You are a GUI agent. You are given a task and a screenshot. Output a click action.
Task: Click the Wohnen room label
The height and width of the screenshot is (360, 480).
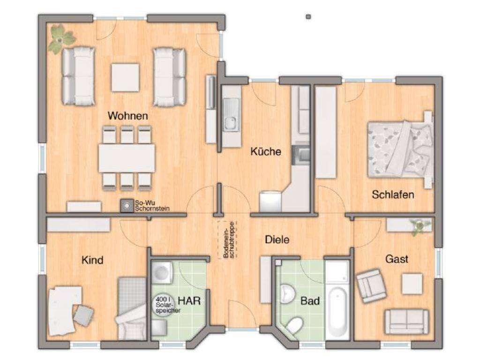tap(127, 116)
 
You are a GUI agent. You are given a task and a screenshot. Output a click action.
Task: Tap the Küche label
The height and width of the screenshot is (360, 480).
tap(266, 151)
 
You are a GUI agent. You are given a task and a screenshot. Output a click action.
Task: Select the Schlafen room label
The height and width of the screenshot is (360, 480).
tap(393, 195)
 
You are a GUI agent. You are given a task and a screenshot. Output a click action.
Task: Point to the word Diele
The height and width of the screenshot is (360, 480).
tap(277, 240)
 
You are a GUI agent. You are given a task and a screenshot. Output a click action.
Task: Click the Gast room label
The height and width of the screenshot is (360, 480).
tap(397, 259)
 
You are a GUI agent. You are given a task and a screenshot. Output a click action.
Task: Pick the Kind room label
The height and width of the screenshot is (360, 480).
tap(92, 260)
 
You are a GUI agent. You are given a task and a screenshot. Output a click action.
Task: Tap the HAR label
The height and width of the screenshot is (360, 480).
tap(189, 301)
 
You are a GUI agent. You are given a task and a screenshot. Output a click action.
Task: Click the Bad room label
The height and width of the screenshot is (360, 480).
tap(310, 301)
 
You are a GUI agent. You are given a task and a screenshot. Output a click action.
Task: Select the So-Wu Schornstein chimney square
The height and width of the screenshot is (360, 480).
tap(127, 206)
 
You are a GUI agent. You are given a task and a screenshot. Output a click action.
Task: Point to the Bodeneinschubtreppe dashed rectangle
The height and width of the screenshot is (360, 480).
tap(227, 240)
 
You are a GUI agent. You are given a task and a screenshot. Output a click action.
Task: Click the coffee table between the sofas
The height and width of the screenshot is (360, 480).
tap(125, 77)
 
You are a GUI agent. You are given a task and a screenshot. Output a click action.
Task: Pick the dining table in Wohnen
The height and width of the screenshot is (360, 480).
tap(127, 158)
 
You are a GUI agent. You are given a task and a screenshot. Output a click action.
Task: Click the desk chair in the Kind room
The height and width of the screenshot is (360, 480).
tap(83, 315)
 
